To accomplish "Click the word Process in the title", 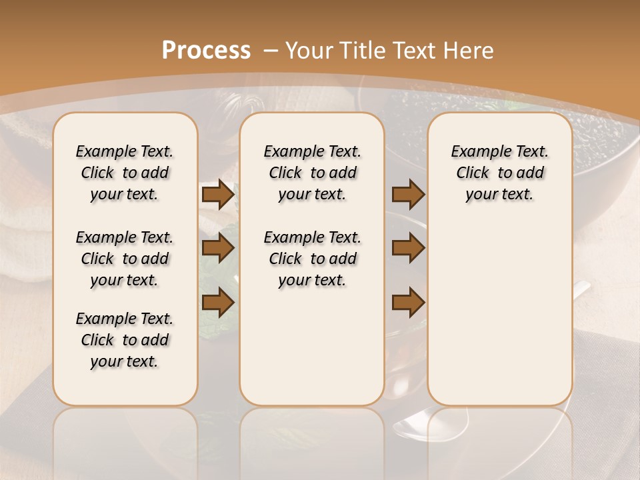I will coord(206,50).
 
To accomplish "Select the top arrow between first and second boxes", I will coord(218,195).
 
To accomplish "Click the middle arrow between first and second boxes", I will coord(218,249).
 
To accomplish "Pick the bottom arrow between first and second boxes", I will coord(218,303).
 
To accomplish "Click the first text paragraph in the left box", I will coord(125,173).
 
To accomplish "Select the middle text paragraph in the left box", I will coord(125,259).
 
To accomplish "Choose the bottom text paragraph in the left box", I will coord(125,340).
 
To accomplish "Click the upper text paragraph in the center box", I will coord(312,173).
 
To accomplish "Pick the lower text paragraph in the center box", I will coord(312,259).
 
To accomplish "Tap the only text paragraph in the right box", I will coord(499,173).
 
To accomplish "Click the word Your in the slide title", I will coord(310,50).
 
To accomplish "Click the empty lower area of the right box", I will coord(499,313).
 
